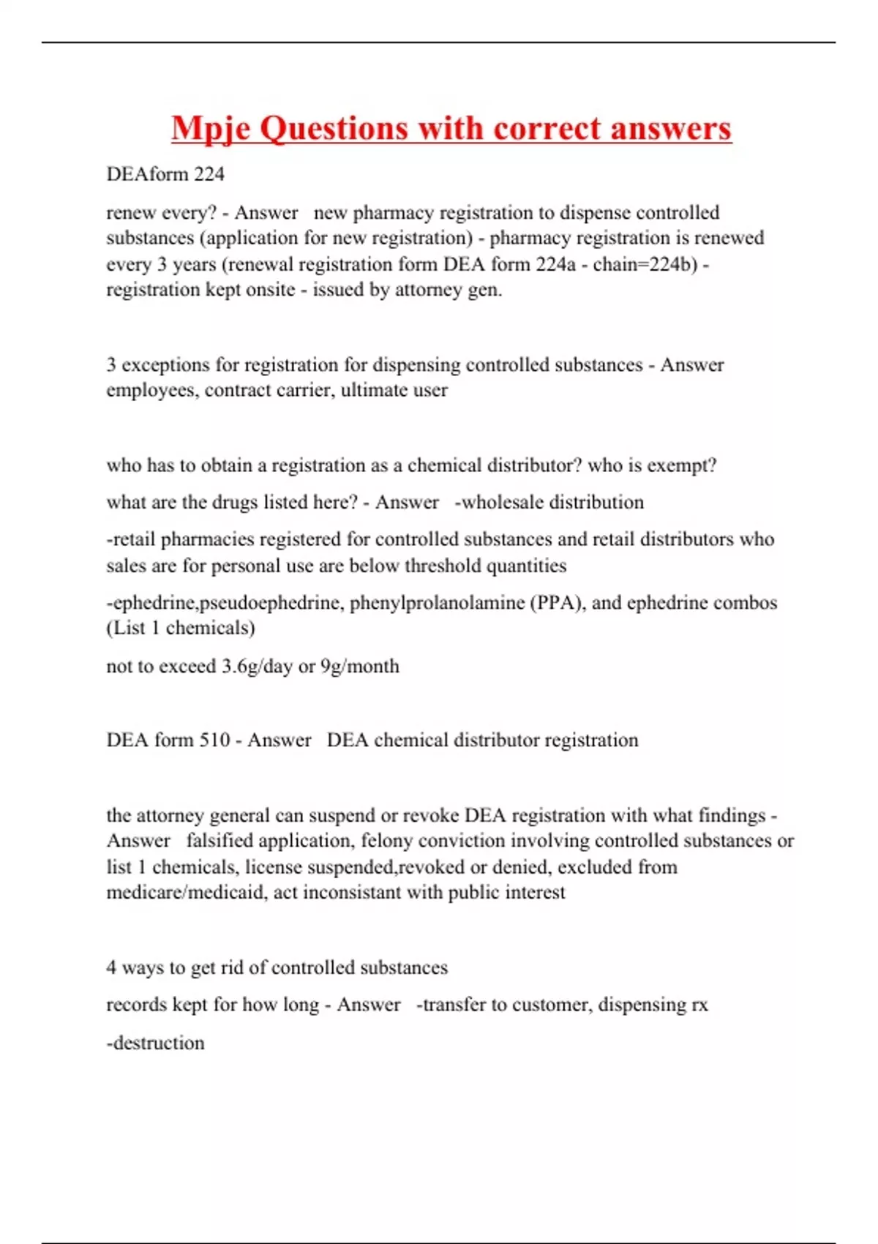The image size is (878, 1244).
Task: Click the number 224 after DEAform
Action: click(x=209, y=174)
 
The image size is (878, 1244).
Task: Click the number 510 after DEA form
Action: click(x=215, y=741)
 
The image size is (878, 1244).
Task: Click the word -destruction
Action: click(x=156, y=1043)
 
